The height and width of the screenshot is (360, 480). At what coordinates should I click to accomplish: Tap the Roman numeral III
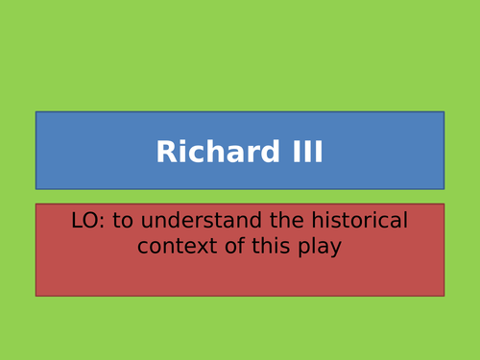(x=302, y=153)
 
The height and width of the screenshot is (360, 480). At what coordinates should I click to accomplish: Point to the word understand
(x=197, y=221)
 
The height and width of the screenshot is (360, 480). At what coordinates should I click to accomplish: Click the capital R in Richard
(x=166, y=153)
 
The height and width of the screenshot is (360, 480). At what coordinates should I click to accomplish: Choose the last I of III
(x=318, y=153)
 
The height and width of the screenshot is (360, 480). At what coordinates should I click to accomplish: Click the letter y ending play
(x=336, y=249)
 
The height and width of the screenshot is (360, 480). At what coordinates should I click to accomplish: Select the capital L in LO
(x=77, y=221)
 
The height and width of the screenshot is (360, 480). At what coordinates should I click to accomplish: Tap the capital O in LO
(x=91, y=221)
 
